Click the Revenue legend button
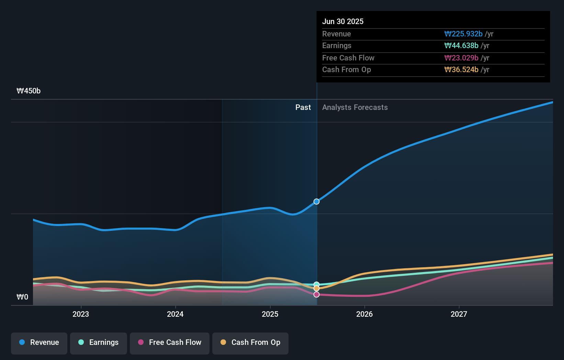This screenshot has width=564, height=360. coord(39,342)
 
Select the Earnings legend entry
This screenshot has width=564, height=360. coord(99,342)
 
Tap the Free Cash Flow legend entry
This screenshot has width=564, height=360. coord(170,342)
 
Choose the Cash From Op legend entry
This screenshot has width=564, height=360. coord(250,342)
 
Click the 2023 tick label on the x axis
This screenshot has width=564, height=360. coord(81,314)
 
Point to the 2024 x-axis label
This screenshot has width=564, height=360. coord(175,314)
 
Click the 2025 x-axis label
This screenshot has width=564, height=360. coord(270,314)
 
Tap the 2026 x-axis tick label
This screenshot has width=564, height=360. coord(364,314)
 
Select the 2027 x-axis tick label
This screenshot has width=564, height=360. coord(459,314)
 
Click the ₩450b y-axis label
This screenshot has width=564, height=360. coord(29,91)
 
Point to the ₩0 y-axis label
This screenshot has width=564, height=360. coord(22,297)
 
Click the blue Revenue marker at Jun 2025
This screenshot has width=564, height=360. coord(317,202)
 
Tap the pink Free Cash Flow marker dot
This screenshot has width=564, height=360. coord(317,294)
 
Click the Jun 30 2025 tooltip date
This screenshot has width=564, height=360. coord(343,21)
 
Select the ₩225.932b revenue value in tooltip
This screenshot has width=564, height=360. coord(463,34)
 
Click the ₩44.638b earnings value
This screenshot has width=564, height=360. coord(461,46)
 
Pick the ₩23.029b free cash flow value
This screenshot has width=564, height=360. coord(461,58)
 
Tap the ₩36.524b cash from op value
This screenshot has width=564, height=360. coord(461,70)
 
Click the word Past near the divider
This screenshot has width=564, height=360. coord(303,108)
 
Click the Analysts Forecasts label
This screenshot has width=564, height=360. coord(355,108)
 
